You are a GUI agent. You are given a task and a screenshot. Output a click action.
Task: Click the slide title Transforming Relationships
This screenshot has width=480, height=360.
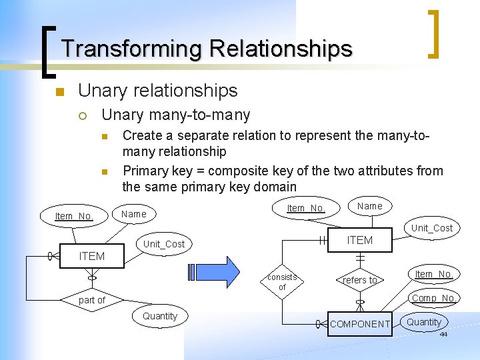[206, 49]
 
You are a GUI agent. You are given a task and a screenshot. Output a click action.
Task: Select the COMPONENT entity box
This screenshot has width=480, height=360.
[360, 324]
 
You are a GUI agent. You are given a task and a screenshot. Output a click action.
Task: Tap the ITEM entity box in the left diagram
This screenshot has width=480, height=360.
[92, 256]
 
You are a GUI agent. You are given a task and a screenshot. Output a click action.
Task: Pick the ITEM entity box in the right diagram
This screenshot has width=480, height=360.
[360, 240]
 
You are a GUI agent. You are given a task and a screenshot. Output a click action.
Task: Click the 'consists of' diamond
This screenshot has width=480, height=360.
[282, 282]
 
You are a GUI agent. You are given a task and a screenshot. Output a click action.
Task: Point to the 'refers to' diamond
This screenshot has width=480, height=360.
[360, 280]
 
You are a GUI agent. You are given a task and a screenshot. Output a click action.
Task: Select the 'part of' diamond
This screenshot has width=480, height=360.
[92, 300]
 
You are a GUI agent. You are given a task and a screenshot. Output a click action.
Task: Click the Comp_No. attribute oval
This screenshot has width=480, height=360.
[433, 298]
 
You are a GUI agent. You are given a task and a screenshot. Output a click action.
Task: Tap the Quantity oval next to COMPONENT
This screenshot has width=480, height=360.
[424, 322]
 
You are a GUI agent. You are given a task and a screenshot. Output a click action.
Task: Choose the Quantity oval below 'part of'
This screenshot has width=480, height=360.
[160, 316]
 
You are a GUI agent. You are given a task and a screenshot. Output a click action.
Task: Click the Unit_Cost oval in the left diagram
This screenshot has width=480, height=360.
[164, 244]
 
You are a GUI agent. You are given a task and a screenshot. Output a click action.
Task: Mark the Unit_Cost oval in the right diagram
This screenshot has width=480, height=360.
[432, 228]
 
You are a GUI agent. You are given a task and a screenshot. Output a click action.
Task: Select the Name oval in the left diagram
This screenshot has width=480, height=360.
[134, 214]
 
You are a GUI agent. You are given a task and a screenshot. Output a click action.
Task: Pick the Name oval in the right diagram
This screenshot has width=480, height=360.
[370, 206]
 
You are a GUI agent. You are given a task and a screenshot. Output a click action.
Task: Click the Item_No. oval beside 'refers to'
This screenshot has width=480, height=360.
[434, 274]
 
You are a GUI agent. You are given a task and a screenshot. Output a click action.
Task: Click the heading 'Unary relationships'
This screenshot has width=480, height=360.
[157, 90]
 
